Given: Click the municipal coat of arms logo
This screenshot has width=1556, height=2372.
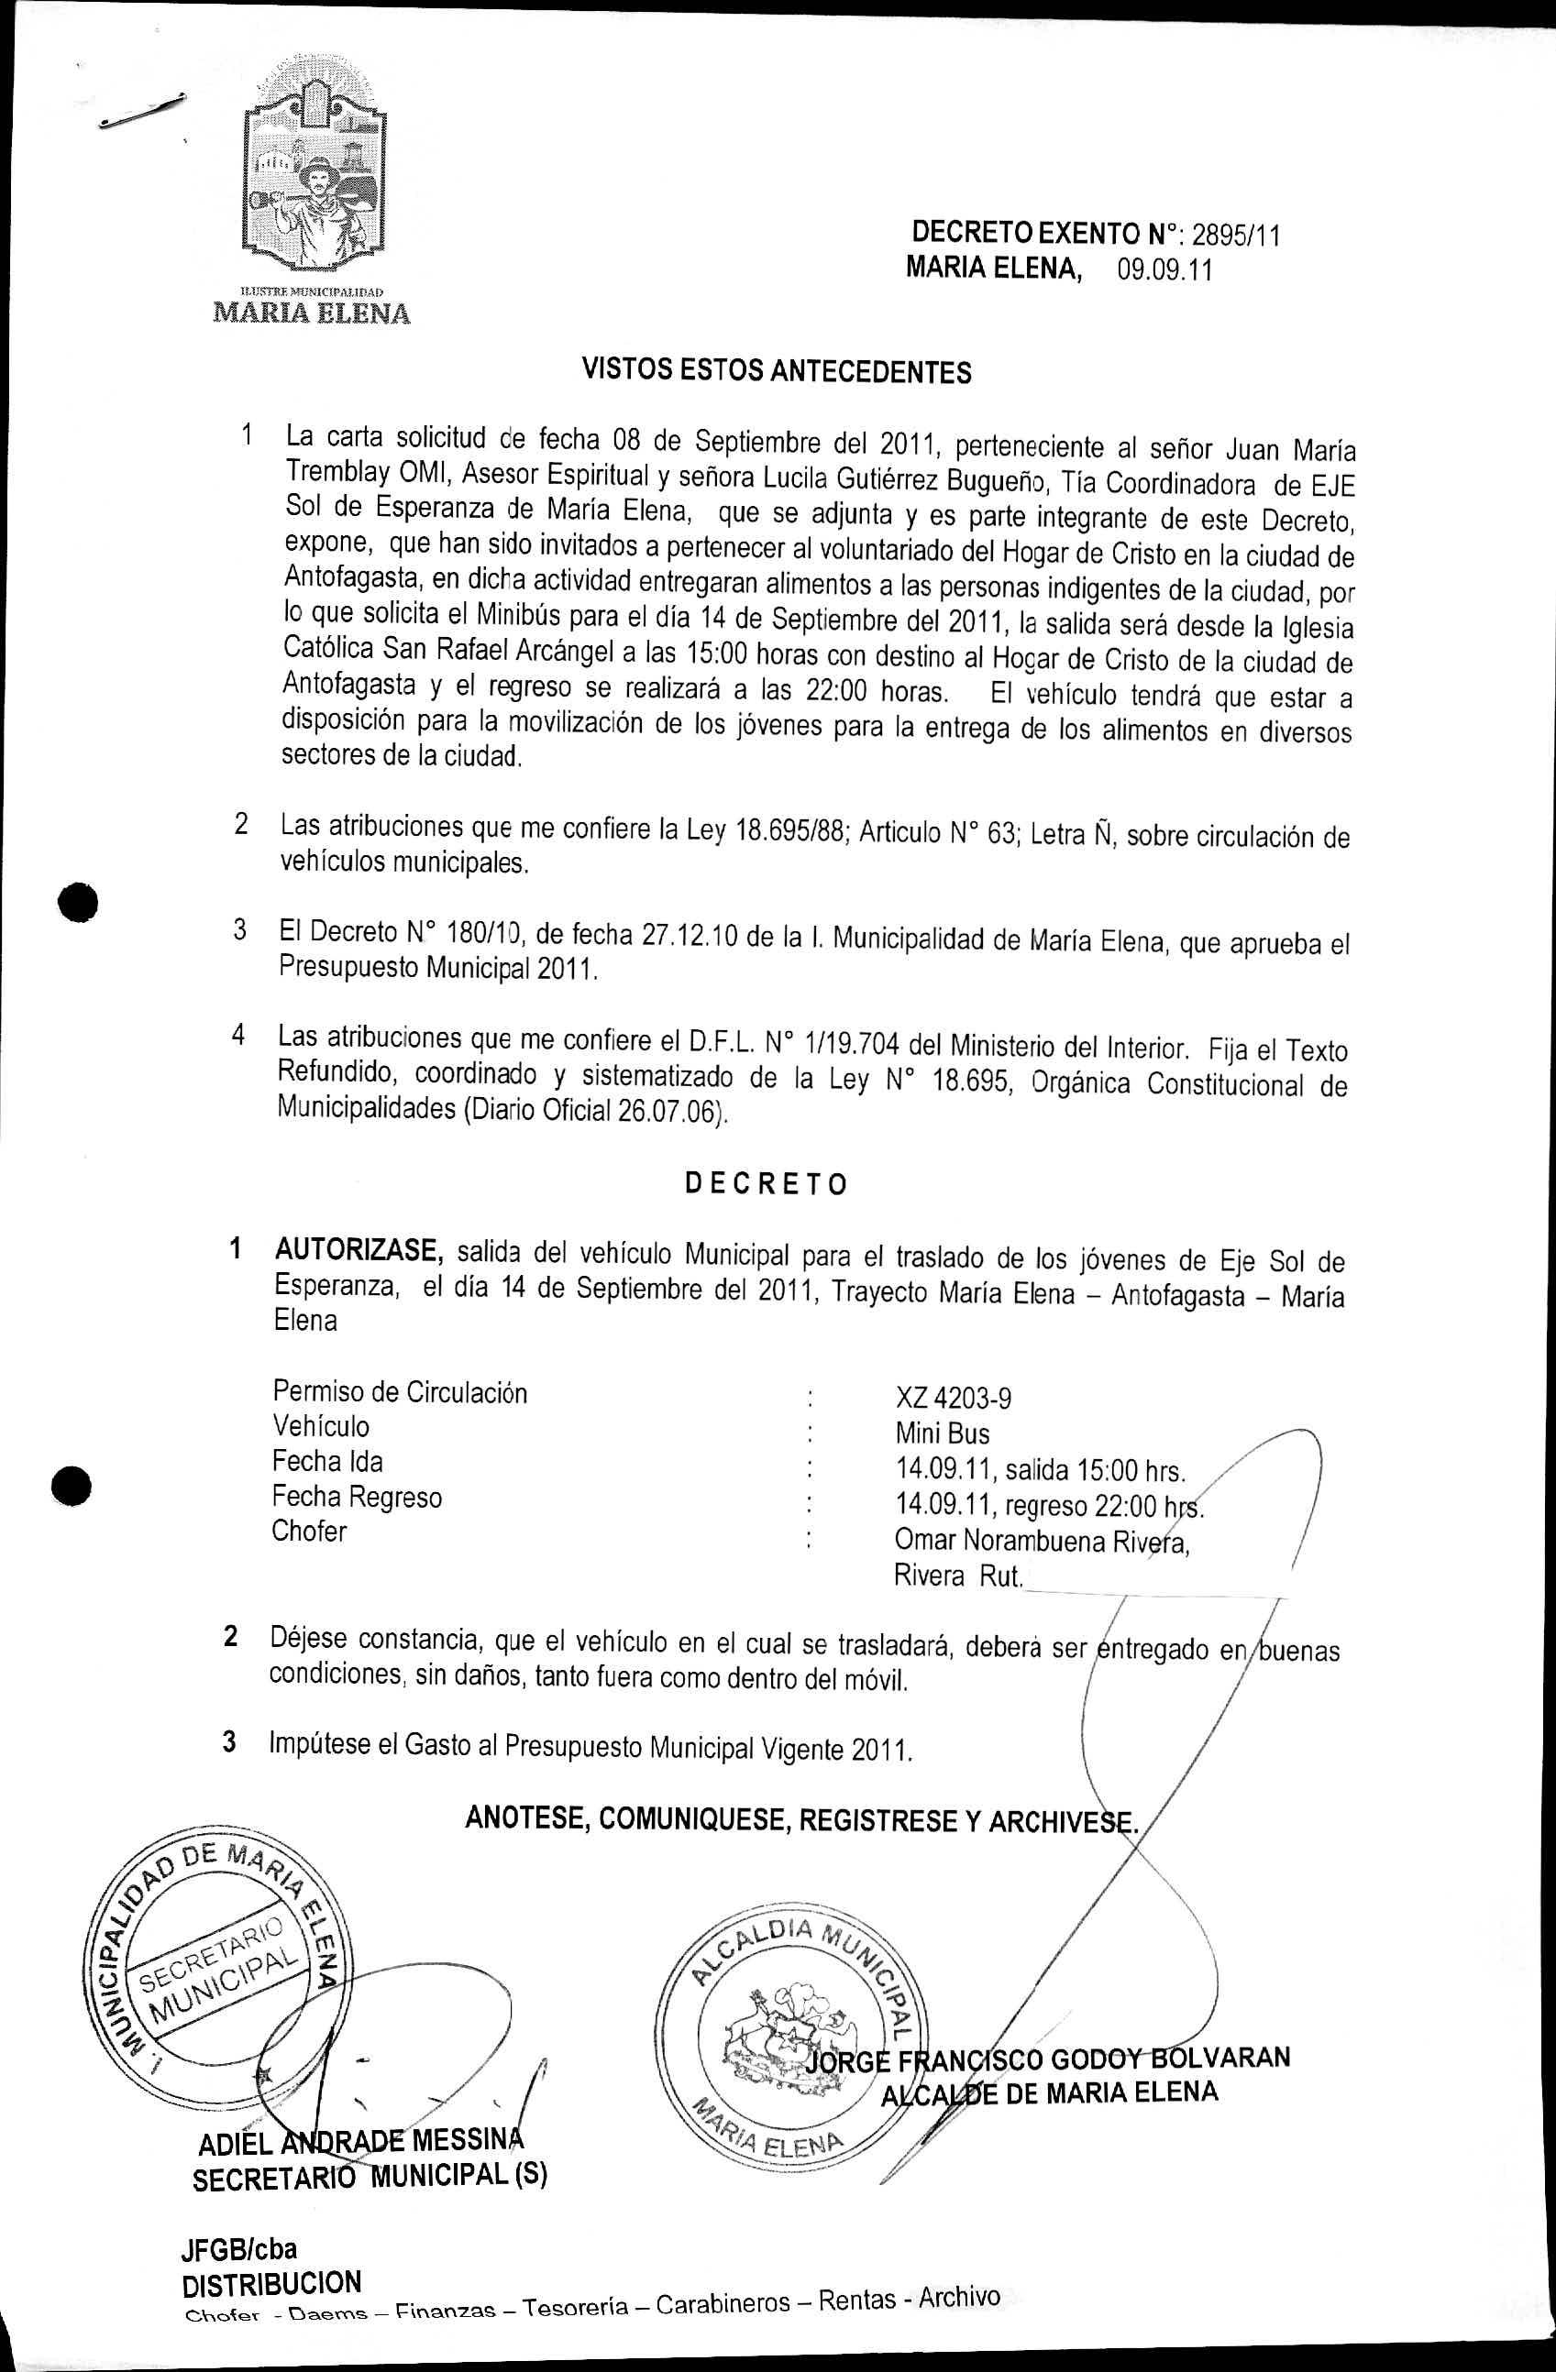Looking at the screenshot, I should tap(317, 180).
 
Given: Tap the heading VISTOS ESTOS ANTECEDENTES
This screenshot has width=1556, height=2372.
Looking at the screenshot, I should tap(776, 372).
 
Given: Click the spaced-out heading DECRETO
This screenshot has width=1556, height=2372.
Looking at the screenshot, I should tap(767, 1184).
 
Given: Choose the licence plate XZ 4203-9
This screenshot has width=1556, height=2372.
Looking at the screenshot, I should tap(953, 1399).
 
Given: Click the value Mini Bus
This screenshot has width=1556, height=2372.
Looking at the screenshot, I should tap(942, 1433).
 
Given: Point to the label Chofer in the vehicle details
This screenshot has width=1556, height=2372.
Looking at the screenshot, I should tap(309, 1531).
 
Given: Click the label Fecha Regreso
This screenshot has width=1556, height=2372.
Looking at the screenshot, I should tap(357, 1496).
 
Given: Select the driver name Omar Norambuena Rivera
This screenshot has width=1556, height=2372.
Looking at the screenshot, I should tap(1042, 1542).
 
